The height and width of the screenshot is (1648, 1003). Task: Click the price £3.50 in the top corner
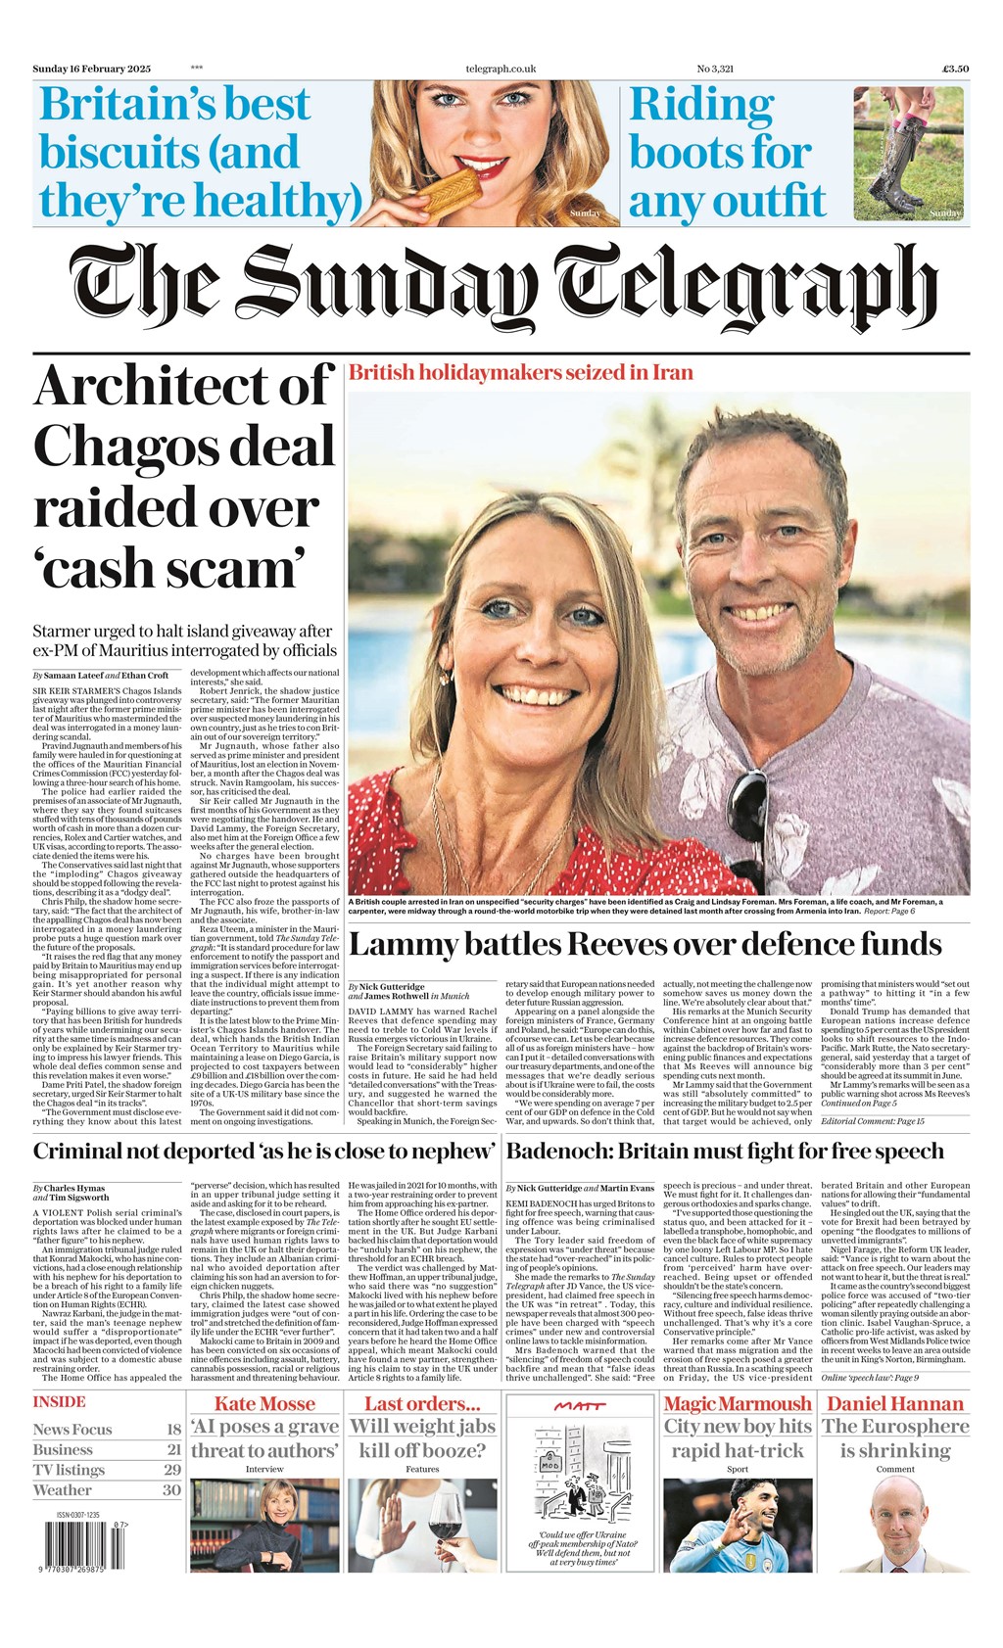(x=955, y=69)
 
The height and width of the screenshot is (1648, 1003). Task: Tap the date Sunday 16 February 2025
(x=92, y=69)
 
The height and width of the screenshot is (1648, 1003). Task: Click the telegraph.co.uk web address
(x=501, y=69)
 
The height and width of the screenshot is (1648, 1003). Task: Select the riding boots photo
(x=908, y=154)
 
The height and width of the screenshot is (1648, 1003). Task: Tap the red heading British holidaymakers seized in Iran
(x=521, y=372)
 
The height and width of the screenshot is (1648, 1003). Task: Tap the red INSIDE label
(x=59, y=1402)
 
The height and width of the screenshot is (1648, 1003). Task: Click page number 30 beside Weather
(x=171, y=1489)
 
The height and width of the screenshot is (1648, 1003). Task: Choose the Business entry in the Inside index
(x=63, y=1449)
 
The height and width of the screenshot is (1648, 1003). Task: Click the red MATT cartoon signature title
(x=579, y=1406)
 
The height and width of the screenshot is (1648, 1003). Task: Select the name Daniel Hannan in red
(x=895, y=1403)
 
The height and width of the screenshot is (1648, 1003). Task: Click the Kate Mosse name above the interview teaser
(x=264, y=1403)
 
